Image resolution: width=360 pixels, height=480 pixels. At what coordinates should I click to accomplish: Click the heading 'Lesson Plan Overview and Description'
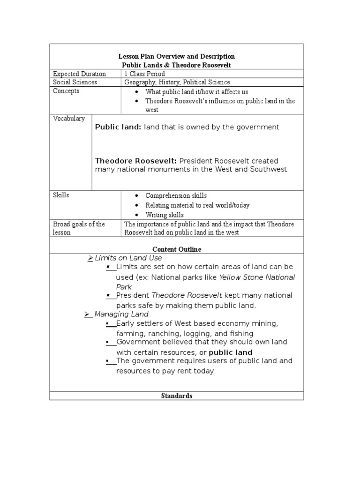coord(176,56)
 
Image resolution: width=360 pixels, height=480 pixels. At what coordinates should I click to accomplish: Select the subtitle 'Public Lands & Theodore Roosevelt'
coord(176,65)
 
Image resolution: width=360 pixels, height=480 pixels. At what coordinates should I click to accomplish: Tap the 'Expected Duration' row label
coord(79,74)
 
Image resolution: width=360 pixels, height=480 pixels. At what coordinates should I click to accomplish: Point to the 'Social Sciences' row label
coord(75,82)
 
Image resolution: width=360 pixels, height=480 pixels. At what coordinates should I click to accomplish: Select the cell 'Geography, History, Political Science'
coord(177,82)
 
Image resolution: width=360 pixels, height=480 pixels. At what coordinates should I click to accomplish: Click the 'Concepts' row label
coord(66,91)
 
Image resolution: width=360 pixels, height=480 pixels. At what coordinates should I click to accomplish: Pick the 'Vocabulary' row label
coord(69,119)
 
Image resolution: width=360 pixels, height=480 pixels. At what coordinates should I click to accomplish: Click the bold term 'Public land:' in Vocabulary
coord(118,127)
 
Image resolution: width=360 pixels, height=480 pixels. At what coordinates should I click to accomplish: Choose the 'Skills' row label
coord(61,195)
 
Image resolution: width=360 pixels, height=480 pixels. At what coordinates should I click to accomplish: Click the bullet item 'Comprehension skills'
coord(176,195)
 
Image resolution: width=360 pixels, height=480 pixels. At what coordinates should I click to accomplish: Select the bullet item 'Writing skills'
coord(165,215)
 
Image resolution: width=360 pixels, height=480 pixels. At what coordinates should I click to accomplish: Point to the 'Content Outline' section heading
coord(177,249)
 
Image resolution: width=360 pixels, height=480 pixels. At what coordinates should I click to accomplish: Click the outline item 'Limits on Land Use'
coord(128,258)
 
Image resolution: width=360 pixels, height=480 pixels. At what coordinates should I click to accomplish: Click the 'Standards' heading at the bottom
coord(177,396)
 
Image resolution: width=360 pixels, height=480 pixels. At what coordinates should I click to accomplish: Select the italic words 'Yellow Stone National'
coord(257,277)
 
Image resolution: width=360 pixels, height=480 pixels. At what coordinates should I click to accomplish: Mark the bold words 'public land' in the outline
coord(230,352)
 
